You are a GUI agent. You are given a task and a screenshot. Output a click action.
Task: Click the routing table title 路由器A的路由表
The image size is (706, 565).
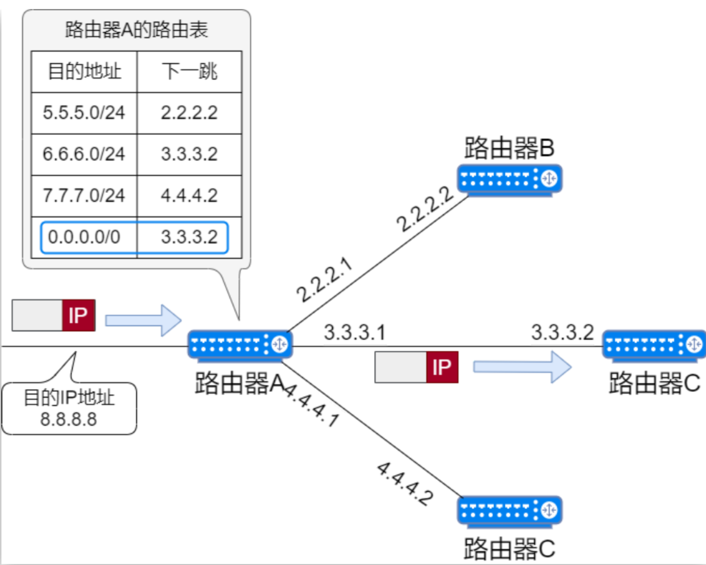(136, 30)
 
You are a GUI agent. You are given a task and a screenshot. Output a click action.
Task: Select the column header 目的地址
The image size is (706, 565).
(84, 71)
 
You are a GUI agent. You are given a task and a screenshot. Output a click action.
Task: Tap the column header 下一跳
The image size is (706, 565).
(189, 71)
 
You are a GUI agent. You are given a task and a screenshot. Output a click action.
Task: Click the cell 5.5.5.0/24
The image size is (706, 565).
(84, 113)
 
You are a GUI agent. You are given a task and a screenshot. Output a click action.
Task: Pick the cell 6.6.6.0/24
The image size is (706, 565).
(84, 154)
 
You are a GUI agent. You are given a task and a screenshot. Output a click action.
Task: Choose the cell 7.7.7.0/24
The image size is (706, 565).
(84, 196)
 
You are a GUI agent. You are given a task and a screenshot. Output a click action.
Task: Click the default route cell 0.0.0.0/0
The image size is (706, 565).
(84, 237)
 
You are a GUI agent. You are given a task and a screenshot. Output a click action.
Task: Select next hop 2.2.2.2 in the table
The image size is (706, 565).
(189, 113)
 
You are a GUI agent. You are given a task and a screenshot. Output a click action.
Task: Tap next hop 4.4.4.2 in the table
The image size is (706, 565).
(189, 196)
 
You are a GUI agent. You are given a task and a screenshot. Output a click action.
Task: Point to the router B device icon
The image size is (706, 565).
(509, 179)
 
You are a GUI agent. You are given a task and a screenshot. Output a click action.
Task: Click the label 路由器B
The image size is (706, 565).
(509, 148)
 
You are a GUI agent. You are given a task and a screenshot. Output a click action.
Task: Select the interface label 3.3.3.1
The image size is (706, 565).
(354, 332)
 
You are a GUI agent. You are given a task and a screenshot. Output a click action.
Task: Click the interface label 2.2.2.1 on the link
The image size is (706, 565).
(324, 280)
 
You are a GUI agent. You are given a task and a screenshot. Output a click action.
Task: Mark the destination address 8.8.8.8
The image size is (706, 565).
(68, 419)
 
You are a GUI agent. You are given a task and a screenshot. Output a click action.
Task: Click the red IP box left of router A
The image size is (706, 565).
(79, 315)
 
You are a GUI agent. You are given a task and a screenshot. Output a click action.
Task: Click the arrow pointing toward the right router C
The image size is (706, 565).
(522, 366)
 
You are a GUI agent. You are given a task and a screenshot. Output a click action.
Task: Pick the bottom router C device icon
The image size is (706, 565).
(509, 511)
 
